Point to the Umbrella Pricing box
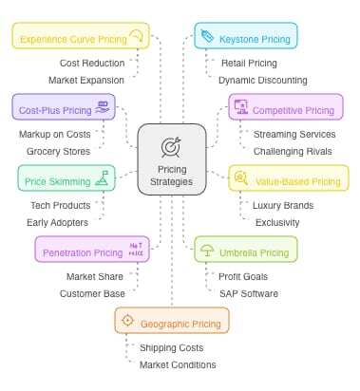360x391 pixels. click(246, 251)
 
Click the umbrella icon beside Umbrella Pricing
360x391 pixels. click(207, 251)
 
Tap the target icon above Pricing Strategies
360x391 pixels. click(172, 147)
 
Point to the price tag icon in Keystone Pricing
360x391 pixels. click(208, 37)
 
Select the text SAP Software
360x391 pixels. click(249, 293)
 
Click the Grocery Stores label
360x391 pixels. click(58, 150)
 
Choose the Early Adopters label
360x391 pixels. click(58, 222)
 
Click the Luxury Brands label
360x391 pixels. click(283, 204)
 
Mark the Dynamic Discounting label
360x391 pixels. click(262, 80)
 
